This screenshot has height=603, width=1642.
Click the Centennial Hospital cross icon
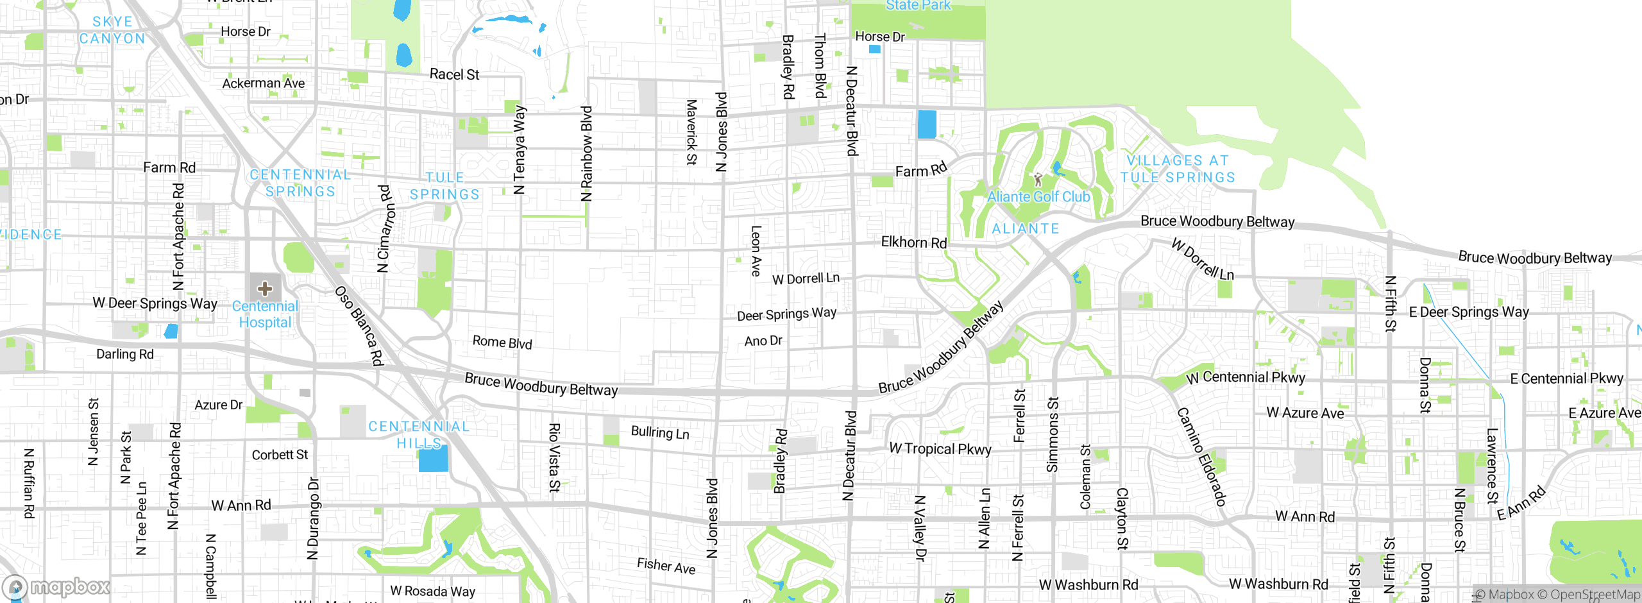point(265,289)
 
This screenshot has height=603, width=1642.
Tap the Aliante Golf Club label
point(1038,197)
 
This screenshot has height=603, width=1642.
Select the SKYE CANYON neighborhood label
point(112,30)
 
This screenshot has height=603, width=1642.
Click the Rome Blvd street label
point(502,343)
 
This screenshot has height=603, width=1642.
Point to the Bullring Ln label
point(660,433)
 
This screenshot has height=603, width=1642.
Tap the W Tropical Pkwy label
point(940,449)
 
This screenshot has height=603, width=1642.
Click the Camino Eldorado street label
point(1201,456)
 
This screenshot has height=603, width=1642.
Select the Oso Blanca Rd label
point(359,326)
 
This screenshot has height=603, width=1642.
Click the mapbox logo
point(56,587)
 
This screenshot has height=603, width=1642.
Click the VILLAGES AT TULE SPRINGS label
point(1178,169)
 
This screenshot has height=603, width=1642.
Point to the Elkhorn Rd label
point(913,242)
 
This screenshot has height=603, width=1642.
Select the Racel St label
point(454,74)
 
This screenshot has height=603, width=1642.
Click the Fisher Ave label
point(666,566)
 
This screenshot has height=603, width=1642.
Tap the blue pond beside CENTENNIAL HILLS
point(433,459)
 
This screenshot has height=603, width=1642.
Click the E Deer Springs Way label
point(1468,312)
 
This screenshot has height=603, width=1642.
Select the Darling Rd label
point(125,354)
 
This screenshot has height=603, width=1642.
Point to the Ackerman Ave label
point(264,83)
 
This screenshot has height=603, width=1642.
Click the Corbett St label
point(280,455)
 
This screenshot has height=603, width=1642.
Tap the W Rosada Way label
point(432,591)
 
